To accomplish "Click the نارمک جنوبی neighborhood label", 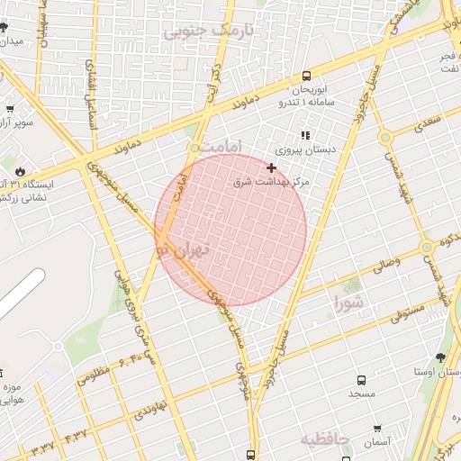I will tap(206, 30).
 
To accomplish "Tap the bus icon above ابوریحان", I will tap(307, 77).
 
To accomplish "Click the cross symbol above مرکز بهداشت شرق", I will tap(271, 167).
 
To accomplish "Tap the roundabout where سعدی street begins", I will tap(385, 138).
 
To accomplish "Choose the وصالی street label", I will tap(385, 265).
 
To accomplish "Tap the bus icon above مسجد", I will tap(361, 381).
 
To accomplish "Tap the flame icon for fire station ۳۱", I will tap(20, 171).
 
